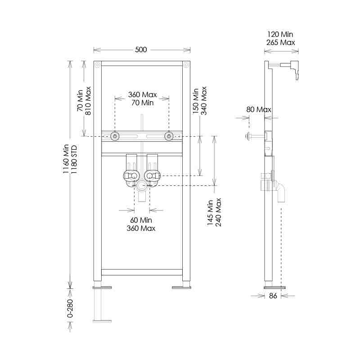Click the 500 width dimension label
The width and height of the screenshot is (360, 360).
click(x=141, y=49)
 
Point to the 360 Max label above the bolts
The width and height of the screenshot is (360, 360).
click(x=142, y=95)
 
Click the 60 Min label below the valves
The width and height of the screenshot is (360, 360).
click(x=141, y=220)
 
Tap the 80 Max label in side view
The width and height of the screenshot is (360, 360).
click(x=259, y=109)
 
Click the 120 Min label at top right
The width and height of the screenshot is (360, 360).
click(x=280, y=34)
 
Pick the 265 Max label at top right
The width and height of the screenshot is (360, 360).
click(x=280, y=42)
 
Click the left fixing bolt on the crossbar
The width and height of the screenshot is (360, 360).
click(x=115, y=136)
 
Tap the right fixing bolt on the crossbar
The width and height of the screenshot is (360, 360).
click(x=169, y=136)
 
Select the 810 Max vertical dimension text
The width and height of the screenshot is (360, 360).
click(x=88, y=100)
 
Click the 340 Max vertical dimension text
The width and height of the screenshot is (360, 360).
click(x=204, y=101)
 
